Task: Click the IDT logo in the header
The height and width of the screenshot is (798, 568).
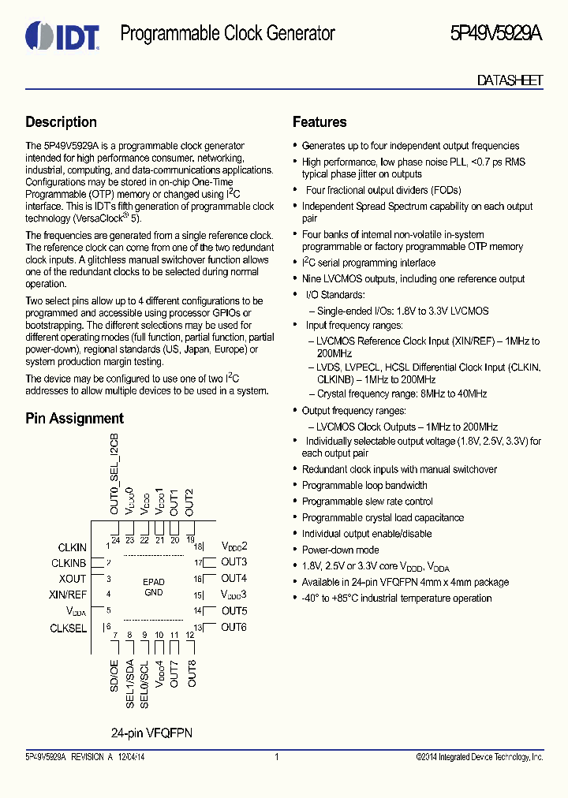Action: click(x=62, y=35)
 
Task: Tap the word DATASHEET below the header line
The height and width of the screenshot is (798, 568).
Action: click(x=510, y=80)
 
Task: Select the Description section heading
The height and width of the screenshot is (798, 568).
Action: click(x=61, y=122)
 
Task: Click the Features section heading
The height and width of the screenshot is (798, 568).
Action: click(x=319, y=122)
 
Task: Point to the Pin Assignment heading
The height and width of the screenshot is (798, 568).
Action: click(x=74, y=419)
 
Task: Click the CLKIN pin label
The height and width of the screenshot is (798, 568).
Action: click(x=72, y=547)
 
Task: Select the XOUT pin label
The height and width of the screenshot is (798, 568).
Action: click(x=73, y=579)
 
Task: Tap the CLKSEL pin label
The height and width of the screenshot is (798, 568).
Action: click(x=68, y=628)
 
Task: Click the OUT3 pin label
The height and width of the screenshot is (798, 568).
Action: click(x=234, y=562)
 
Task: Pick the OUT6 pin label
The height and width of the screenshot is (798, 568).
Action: click(x=234, y=627)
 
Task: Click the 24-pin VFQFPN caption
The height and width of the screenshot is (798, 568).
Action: click(x=151, y=733)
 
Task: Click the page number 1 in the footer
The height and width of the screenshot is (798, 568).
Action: click(x=277, y=757)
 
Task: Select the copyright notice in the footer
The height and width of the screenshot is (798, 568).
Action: click(x=480, y=757)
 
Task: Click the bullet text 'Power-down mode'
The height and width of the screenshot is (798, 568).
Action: click(x=340, y=550)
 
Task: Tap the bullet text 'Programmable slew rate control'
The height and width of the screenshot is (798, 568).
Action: click(x=367, y=502)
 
